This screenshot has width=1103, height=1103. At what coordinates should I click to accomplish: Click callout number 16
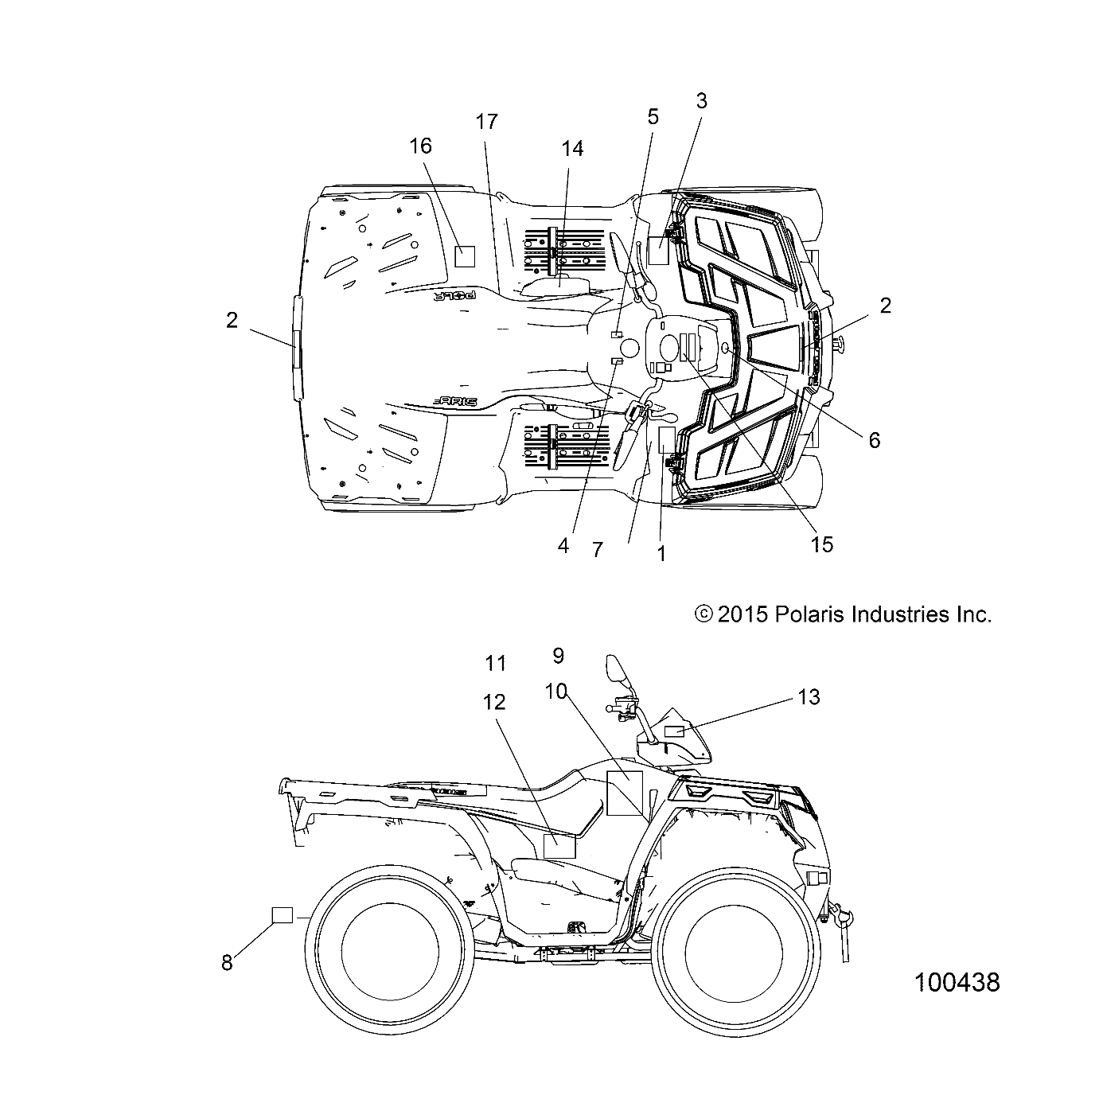coord(421,146)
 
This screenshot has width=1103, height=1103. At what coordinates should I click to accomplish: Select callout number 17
coord(487,122)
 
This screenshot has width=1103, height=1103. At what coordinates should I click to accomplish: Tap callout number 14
coord(572,149)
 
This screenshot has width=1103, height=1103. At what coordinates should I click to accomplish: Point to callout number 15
coord(821,544)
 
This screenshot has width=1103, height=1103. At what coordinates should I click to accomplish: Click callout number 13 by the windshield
coord(809,697)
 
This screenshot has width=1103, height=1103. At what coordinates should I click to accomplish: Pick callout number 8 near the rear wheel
coord(227,962)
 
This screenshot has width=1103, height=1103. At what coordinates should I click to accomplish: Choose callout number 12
coord(494,702)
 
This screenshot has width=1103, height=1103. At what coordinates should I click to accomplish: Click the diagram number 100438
coord(957,982)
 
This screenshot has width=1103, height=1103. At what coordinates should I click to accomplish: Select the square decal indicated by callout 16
coord(464,255)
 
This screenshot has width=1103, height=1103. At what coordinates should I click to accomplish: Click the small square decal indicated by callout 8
coord(283,915)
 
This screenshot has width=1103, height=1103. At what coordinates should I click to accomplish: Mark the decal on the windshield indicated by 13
coord(676,731)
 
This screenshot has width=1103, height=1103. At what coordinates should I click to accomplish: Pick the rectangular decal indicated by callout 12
coord(559,846)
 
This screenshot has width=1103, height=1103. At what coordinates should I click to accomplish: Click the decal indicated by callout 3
coord(658,250)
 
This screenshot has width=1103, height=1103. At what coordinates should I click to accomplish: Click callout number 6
coord(875,440)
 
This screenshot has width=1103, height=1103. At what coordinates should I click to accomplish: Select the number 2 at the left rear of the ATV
coord(232,321)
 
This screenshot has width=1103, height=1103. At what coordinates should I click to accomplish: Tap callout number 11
coord(496,662)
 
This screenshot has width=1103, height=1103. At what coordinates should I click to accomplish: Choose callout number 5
coord(653,118)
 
